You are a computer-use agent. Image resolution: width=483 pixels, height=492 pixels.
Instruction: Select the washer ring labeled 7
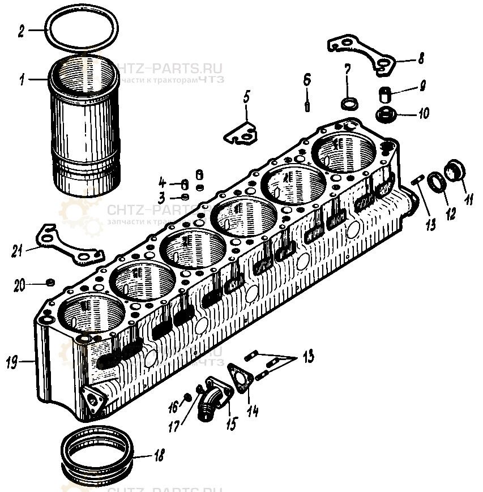click(x=349, y=104)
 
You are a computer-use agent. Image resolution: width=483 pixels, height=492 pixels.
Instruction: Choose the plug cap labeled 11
click(x=455, y=169)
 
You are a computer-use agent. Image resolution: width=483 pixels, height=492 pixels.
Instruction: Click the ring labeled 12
click(x=437, y=183)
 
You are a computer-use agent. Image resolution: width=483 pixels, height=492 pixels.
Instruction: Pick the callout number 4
click(x=161, y=183)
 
